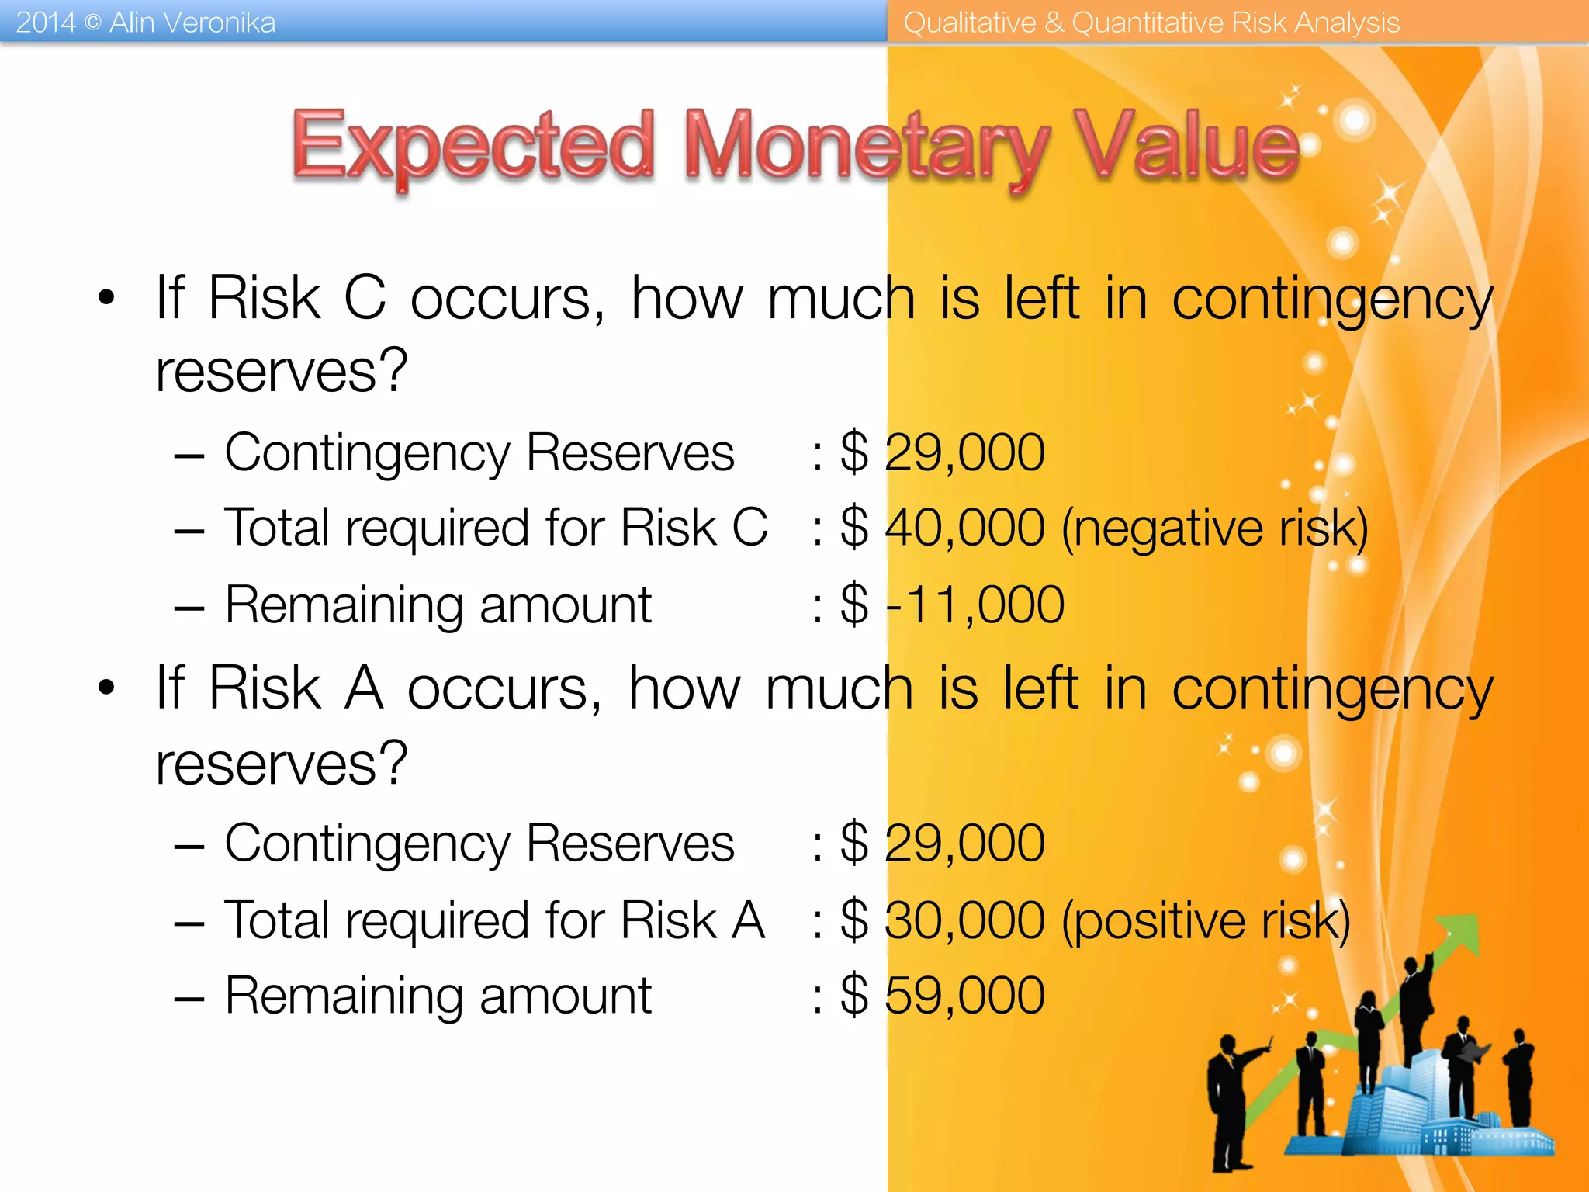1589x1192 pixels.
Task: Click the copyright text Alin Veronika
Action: (x=192, y=23)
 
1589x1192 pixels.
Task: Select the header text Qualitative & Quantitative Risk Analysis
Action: (x=1151, y=23)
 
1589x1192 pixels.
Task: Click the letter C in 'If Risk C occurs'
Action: (x=365, y=297)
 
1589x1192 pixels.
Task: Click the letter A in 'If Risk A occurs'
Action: (x=364, y=688)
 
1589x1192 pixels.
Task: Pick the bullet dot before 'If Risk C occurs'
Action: (x=106, y=297)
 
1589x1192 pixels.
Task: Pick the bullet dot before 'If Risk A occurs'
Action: (x=106, y=688)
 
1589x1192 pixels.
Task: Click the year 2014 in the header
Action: (x=46, y=23)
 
